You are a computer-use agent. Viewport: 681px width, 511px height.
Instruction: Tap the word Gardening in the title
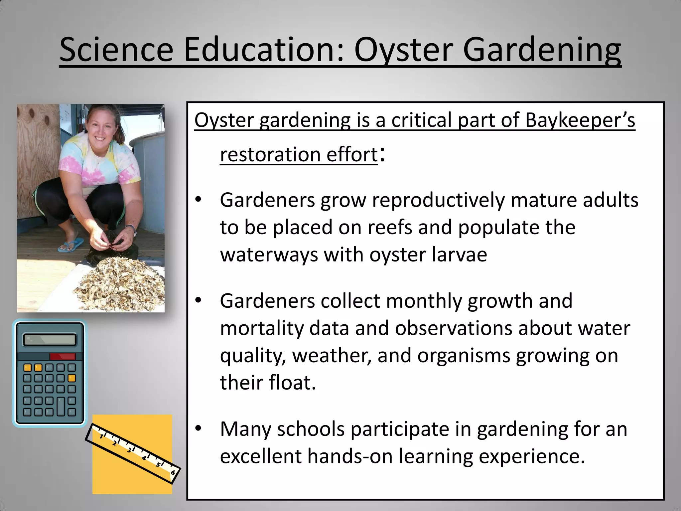pos(541,50)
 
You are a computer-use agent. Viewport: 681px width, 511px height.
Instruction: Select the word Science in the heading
pos(116,50)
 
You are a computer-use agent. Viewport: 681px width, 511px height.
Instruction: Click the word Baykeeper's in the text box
pos(580,120)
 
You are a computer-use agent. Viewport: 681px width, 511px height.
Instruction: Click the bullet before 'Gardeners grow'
pos(199,200)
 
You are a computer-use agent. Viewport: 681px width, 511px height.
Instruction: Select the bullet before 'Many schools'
pos(199,428)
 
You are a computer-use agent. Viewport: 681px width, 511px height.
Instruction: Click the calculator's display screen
pos(50,340)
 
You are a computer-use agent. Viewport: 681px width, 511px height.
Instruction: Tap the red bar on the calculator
pos(63,357)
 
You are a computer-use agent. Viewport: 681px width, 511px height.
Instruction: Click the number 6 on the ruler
pos(173,473)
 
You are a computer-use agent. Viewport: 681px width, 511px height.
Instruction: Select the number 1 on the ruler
pos(101,436)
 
